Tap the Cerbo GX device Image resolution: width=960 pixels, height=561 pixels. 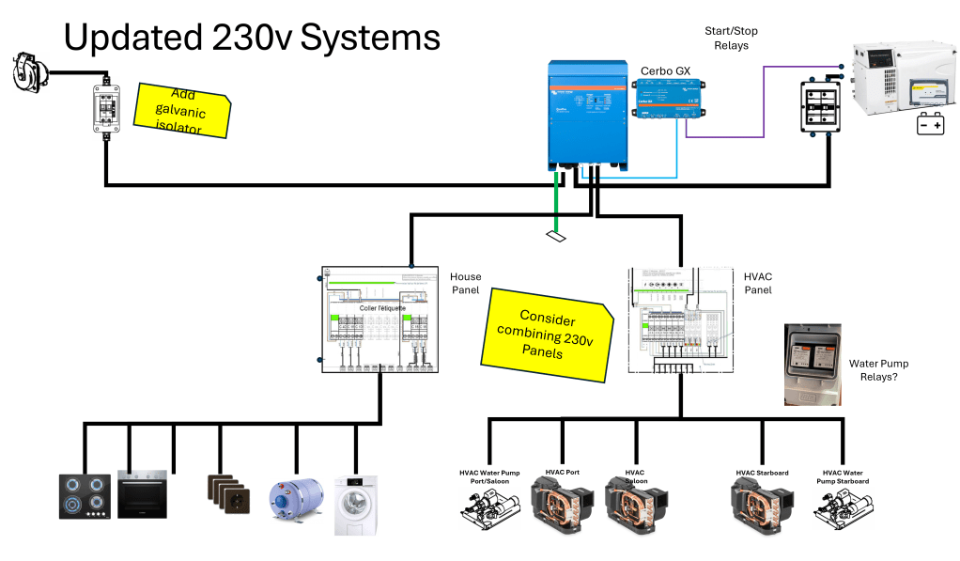667,98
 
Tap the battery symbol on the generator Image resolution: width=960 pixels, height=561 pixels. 930,124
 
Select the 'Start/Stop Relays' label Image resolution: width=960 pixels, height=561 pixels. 731,39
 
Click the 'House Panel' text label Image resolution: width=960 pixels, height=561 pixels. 465,284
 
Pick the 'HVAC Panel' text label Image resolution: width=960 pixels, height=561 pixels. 758,284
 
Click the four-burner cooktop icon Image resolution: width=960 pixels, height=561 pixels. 84,496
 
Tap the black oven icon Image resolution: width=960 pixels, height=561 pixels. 142,493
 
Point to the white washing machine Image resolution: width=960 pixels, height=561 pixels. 356,504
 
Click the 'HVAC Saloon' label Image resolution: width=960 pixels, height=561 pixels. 634,476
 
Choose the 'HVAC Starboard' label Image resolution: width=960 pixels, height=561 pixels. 762,473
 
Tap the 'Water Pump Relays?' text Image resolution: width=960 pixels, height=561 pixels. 878,370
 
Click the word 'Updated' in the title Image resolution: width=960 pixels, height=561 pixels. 132,38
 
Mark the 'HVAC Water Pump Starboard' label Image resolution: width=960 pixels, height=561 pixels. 845,476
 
